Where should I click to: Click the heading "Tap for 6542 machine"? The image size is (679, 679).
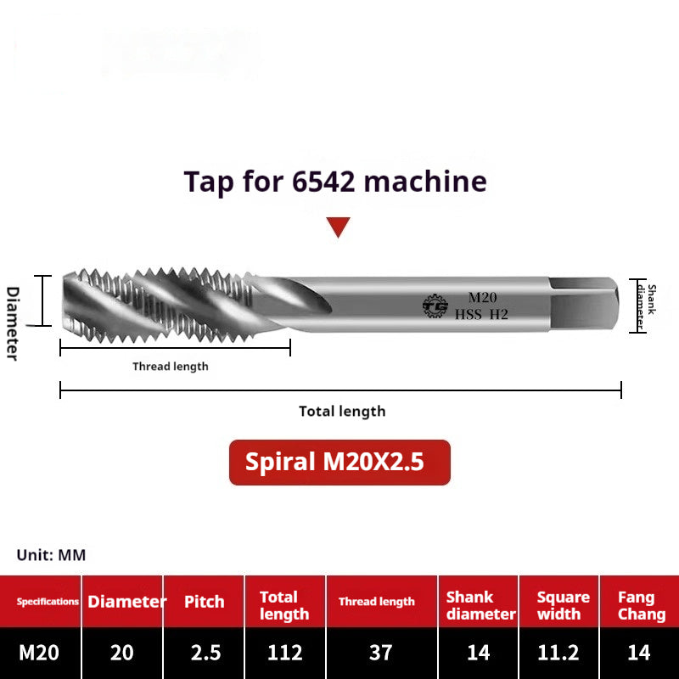click(336, 182)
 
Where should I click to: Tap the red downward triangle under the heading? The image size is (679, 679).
click(339, 227)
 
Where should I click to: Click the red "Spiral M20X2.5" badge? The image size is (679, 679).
click(339, 462)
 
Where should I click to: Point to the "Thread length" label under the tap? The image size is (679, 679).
click(170, 367)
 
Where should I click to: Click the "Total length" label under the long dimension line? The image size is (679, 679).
click(342, 412)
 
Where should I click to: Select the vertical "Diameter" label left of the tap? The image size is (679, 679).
click(12, 323)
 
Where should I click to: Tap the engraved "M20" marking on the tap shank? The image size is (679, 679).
click(482, 297)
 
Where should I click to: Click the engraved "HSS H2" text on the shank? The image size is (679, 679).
click(481, 314)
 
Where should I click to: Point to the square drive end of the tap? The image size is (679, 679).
click(586, 303)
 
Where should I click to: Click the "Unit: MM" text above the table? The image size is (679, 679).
click(51, 555)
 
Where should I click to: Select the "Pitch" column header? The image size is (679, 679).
click(205, 602)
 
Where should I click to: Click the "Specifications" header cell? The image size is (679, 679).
click(48, 602)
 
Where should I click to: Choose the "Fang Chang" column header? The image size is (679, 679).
click(642, 605)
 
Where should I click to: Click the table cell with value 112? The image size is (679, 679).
click(285, 653)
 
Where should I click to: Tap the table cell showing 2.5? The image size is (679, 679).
click(205, 653)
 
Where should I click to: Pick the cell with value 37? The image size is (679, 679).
click(381, 653)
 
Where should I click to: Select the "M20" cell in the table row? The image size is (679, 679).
click(39, 653)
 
